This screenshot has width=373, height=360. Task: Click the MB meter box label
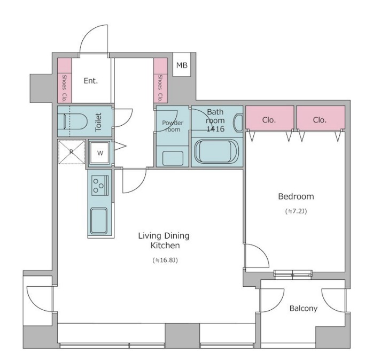(182, 65)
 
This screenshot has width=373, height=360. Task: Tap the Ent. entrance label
(91, 81)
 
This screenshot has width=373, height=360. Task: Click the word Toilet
(98, 122)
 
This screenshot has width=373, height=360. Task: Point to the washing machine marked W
(100, 153)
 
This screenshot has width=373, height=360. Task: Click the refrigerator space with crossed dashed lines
(72, 152)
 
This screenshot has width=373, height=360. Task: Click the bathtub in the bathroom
(216, 151)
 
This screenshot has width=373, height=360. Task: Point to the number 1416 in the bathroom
(215, 129)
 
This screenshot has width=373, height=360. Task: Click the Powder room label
(173, 126)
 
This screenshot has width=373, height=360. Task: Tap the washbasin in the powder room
(173, 158)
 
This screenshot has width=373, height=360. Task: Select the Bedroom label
(296, 196)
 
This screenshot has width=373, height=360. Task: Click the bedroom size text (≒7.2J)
(296, 211)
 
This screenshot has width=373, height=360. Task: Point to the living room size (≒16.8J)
(165, 261)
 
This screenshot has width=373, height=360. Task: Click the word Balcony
(304, 308)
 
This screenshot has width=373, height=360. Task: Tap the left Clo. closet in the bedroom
(270, 118)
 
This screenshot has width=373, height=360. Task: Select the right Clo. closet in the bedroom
(321, 118)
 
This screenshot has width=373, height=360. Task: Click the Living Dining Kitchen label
(164, 241)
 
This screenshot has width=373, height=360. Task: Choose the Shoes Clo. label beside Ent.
(64, 89)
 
